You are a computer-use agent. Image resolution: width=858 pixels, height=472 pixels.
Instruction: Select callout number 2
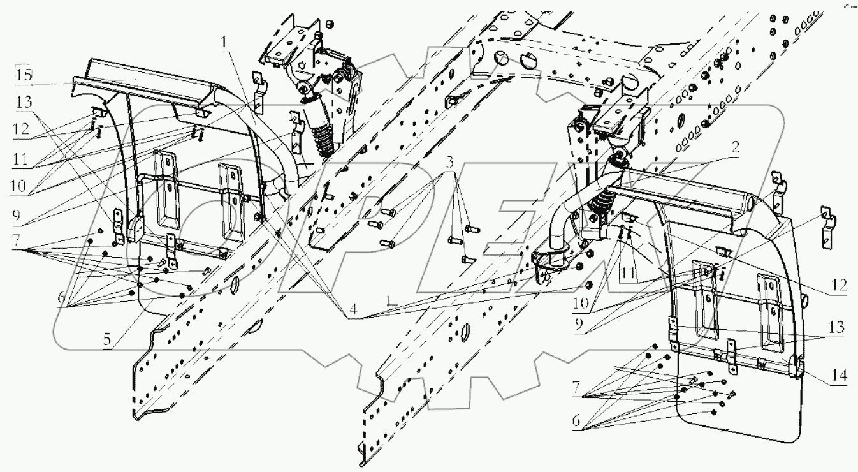click(735, 147)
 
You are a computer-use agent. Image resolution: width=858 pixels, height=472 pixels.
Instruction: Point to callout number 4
click(353, 309)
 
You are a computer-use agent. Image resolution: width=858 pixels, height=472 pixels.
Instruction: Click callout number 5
click(107, 339)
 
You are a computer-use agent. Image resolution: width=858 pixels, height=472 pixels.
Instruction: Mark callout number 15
click(24, 75)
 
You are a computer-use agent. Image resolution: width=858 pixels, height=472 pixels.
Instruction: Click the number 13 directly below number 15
click(24, 102)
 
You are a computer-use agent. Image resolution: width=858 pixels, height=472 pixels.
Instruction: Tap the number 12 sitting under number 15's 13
click(21, 129)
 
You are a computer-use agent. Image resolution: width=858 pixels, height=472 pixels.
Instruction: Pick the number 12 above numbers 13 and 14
click(839, 285)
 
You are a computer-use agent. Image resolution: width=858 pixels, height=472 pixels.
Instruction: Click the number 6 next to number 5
click(62, 298)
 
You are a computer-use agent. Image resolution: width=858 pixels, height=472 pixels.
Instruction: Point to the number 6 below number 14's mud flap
click(576, 421)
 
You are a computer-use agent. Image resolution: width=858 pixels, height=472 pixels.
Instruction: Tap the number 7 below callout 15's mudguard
click(16, 240)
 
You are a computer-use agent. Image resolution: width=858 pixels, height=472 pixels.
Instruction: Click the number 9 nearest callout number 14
click(579, 324)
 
